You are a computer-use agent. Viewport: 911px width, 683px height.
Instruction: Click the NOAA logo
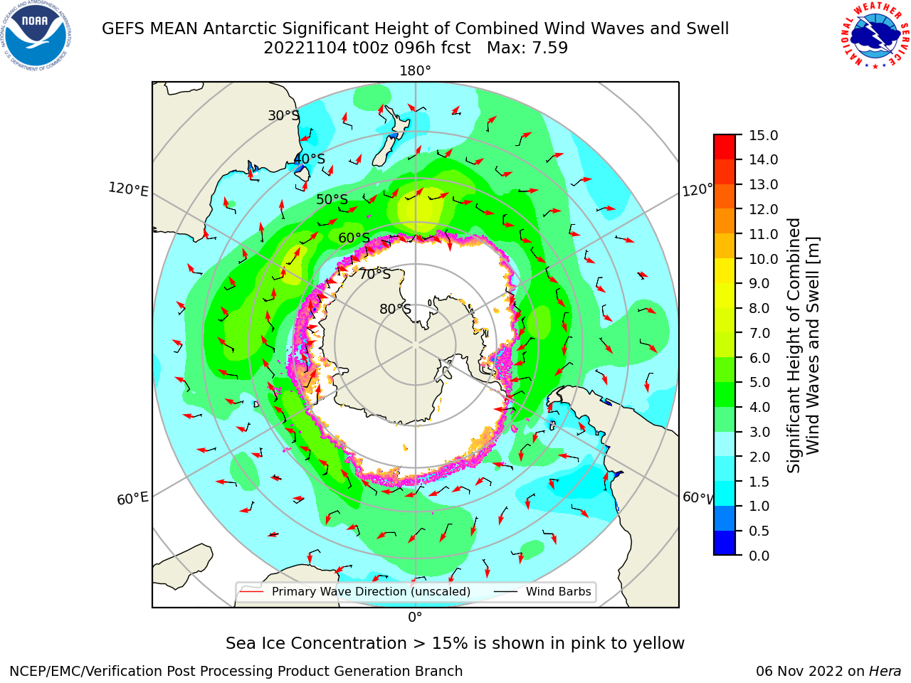coord(36,36)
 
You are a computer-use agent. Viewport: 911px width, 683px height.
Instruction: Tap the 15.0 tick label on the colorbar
coord(763,135)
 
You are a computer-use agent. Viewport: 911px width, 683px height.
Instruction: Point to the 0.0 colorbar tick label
coord(759,556)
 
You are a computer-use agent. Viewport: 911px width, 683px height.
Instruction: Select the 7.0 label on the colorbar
coord(759,333)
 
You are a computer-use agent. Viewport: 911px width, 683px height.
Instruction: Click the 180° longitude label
coord(415,71)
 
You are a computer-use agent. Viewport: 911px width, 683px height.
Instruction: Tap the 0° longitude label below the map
coord(415,618)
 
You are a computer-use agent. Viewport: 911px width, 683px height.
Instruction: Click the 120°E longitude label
coord(128,189)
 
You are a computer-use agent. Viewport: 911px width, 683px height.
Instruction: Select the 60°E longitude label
coord(132,498)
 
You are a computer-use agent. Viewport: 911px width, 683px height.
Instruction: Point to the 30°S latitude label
coord(283,115)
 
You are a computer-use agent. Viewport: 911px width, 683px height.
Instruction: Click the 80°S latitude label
coord(395,309)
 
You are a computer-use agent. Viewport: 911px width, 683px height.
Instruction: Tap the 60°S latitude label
coord(354,238)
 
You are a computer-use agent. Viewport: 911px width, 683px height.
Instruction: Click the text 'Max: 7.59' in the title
coord(527,48)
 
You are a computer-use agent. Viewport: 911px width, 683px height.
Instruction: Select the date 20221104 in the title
coord(305,48)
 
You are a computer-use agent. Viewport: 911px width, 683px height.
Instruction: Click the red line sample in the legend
coord(252,591)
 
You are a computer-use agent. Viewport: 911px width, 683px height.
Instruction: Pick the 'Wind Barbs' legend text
coord(558,591)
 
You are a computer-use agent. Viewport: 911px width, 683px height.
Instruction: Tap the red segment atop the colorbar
coord(725,147)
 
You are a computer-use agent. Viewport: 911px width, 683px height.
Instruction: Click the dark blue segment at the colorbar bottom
coord(725,543)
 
